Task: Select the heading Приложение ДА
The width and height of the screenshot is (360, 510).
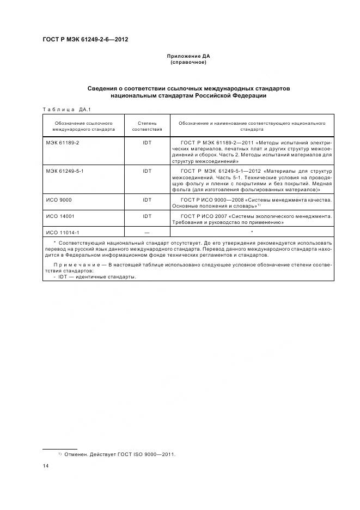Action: tap(188, 56)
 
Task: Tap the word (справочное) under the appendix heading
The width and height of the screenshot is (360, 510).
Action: tap(188, 62)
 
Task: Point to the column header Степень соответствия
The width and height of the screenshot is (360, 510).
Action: tap(147, 126)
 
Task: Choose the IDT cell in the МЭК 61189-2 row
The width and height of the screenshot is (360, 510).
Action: tap(147, 142)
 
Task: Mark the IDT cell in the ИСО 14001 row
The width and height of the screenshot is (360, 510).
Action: tap(147, 216)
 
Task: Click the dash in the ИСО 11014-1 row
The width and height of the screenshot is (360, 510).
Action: tap(147, 233)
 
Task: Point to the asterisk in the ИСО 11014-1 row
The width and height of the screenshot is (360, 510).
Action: tap(252, 232)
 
